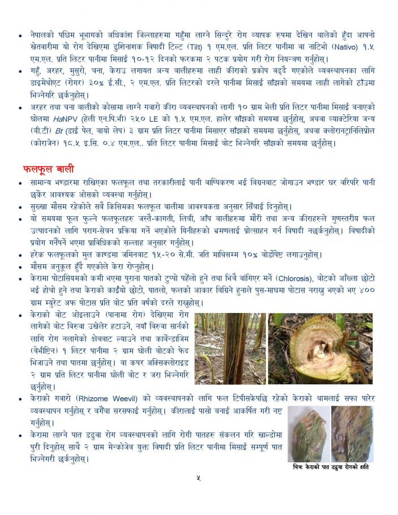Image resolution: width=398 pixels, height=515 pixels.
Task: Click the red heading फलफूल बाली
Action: pos(49,168)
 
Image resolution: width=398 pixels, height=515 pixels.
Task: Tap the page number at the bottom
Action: pos(198,478)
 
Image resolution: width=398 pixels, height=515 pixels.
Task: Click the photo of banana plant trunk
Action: pos(230,348)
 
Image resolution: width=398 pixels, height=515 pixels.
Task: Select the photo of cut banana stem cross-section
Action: pos(320,348)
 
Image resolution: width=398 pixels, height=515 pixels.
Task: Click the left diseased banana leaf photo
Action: pos(309,433)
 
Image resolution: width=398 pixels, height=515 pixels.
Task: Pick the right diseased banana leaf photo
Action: pos(352,433)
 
